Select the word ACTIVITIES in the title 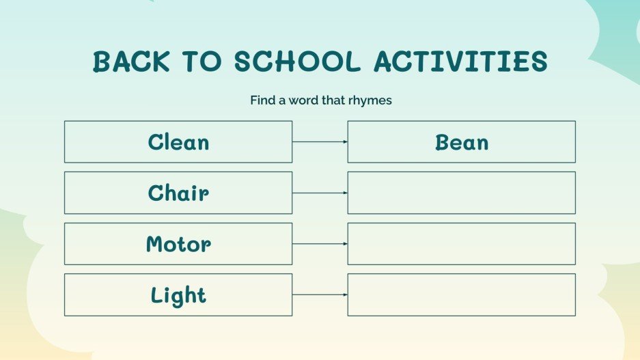[460, 62]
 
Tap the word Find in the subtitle [262, 100]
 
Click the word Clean [178, 142]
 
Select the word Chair [178, 193]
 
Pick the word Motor [178, 244]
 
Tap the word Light [178, 295]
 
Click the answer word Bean [462, 142]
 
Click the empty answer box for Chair [461, 193]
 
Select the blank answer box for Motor [461, 244]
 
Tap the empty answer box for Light [461, 295]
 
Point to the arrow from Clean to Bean [320, 142]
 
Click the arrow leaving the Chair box [320, 193]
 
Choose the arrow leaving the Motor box [320, 244]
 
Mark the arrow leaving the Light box [320, 295]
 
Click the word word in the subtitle [303, 100]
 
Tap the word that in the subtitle [335, 100]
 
